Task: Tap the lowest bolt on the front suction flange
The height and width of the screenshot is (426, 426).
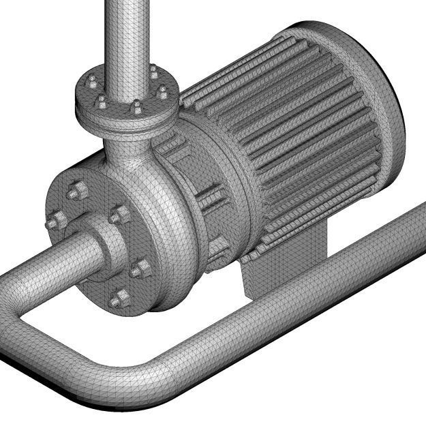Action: pyautogui.click(x=119, y=299)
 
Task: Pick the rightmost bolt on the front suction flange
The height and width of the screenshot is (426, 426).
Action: pyautogui.click(x=142, y=269)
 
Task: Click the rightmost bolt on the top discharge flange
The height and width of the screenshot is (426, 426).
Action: pyautogui.click(x=163, y=93)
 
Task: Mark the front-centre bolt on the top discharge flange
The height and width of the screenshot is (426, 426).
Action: pyautogui.click(x=136, y=108)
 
